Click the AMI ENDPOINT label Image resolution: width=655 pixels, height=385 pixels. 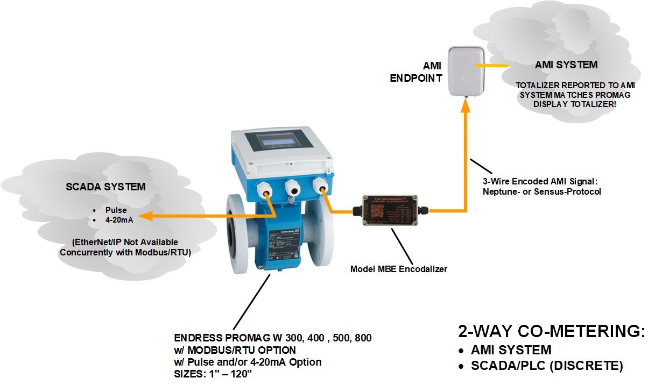(x=417, y=71)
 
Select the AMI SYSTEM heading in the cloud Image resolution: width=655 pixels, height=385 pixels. (x=566, y=65)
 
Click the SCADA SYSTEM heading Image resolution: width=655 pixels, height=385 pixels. (x=105, y=187)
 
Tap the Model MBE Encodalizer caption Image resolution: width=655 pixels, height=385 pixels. (x=399, y=269)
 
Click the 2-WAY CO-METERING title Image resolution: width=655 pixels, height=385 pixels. (x=551, y=331)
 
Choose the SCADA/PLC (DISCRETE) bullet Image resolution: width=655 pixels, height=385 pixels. (x=547, y=366)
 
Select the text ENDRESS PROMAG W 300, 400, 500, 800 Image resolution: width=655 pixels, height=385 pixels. (x=273, y=338)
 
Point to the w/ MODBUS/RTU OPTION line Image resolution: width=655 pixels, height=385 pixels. (x=235, y=350)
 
